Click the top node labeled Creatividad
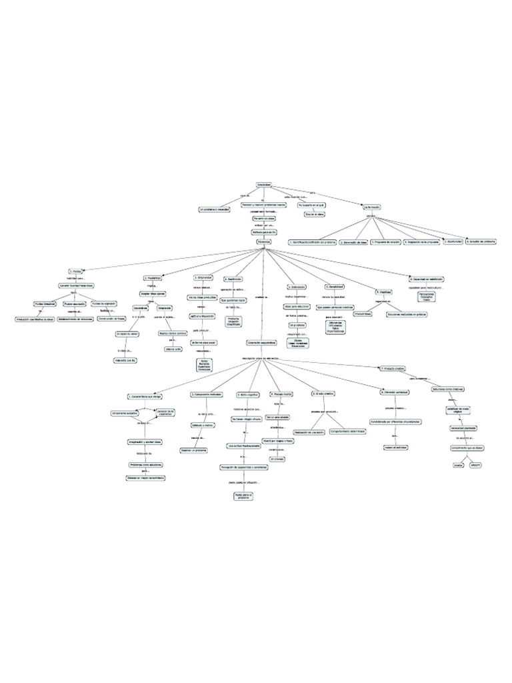tap(264, 184)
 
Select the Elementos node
tap(264, 241)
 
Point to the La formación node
tap(371, 207)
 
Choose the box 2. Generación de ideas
tap(353, 242)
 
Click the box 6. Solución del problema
tap(481, 241)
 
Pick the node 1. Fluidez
tap(76, 271)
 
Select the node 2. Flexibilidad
tap(153, 277)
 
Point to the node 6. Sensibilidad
tap(335, 287)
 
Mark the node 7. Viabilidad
tap(382, 292)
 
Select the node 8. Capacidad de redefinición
tap(427, 279)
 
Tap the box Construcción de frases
tap(112, 319)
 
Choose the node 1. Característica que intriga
tap(144, 396)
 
